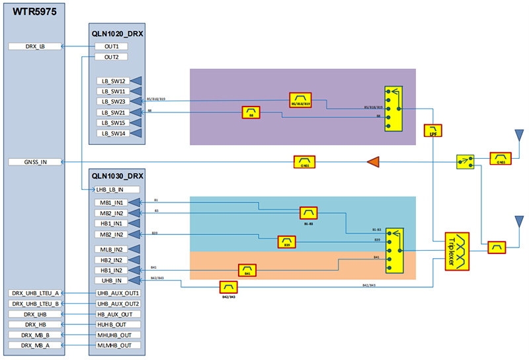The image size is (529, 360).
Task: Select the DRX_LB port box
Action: (x=34, y=46)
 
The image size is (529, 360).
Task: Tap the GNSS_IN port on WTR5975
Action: (x=34, y=162)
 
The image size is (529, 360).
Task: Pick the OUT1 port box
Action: (x=111, y=46)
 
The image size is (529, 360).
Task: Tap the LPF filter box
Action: (x=433, y=130)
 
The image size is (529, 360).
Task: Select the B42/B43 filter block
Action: (x=228, y=287)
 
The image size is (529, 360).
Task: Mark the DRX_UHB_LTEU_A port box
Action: (x=34, y=292)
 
